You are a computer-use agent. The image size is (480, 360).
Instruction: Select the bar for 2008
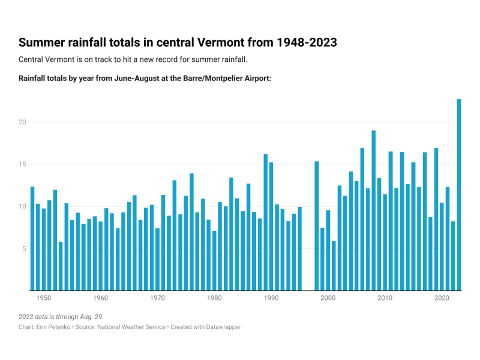click(x=373, y=211)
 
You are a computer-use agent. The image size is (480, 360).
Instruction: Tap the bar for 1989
click(x=265, y=223)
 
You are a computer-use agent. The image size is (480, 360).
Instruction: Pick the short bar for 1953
click(x=61, y=266)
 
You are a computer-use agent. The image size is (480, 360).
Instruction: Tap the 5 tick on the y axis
click(x=25, y=248)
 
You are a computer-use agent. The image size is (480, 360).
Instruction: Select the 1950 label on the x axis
click(x=44, y=298)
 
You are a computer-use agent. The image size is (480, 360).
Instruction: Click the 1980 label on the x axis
click(x=214, y=298)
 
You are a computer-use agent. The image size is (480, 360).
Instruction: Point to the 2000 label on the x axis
click(x=328, y=298)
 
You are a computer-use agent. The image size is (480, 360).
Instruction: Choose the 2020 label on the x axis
click(x=442, y=298)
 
